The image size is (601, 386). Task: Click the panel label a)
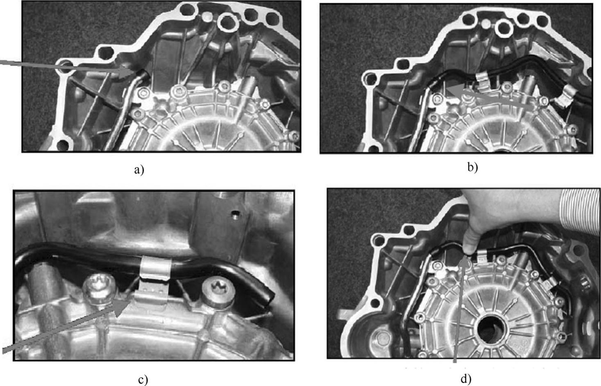(x=139, y=170)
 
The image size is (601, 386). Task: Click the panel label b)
(x=472, y=167)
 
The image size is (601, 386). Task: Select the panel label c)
(x=143, y=380)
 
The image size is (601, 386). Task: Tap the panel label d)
(x=466, y=379)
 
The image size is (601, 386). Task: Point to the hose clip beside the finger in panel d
(x=482, y=256)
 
